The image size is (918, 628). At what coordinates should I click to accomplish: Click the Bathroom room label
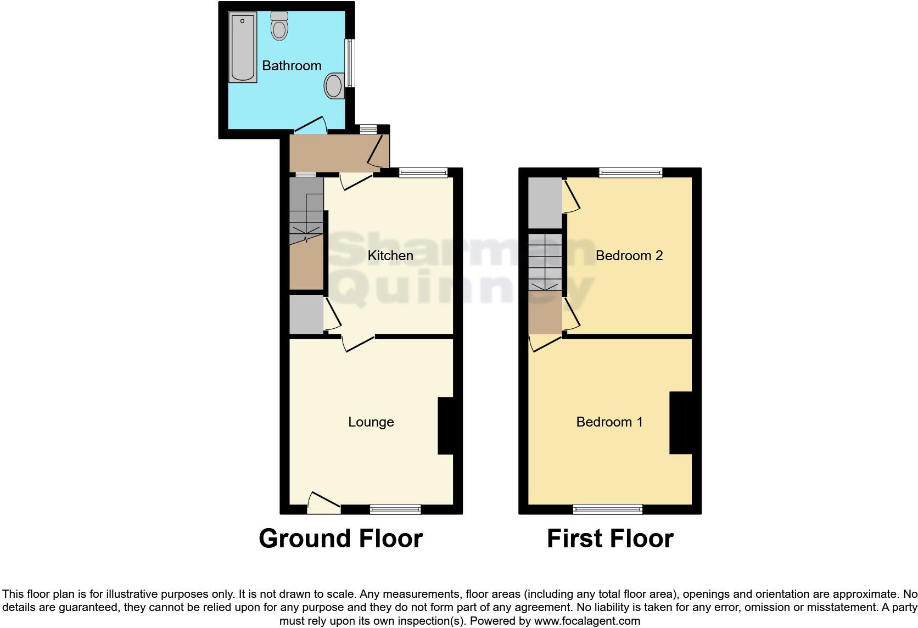tap(292, 66)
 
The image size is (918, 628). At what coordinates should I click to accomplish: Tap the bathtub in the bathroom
tap(243, 48)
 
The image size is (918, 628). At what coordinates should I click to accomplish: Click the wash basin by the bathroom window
tap(333, 86)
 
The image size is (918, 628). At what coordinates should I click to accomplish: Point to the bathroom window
tap(349, 63)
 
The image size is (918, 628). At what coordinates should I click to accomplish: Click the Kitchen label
tap(390, 256)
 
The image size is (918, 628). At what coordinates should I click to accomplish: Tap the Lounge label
tap(371, 422)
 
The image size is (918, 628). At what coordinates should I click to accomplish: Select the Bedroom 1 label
tap(609, 422)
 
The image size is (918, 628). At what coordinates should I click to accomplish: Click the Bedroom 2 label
tap(629, 256)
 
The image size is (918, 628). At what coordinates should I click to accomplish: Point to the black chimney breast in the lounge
tap(445, 425)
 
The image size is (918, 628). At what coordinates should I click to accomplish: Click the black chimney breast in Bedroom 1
tap(680, 423)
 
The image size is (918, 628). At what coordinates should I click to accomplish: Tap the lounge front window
tap(395, 509)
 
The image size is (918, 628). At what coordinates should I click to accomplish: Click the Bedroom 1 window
tap(607, 509)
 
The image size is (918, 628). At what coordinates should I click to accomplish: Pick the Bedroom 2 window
tap(630, 173)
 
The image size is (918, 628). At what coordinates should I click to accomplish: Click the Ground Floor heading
tap(340, 539)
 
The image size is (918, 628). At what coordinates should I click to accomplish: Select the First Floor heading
tap(610, 539)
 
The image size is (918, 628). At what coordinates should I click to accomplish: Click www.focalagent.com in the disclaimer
tap(587, 621)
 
